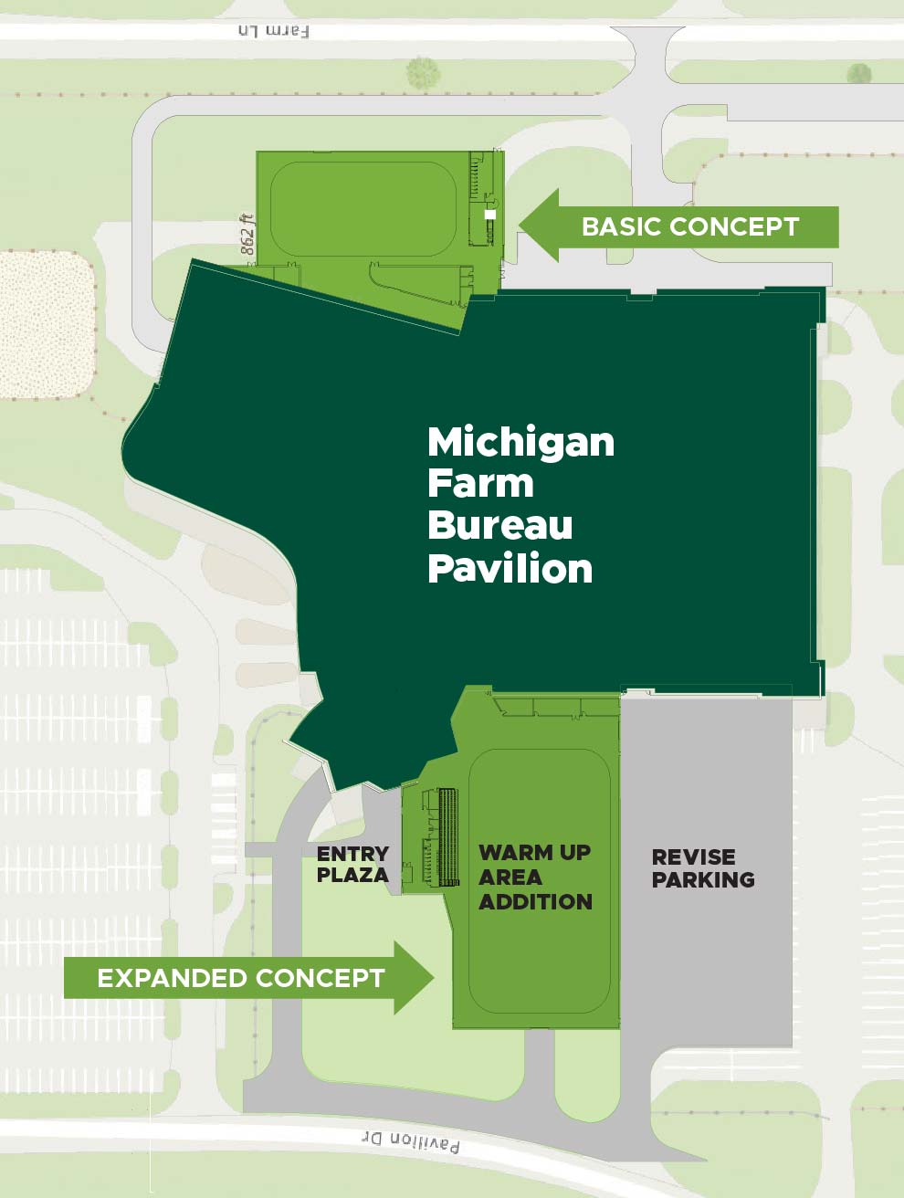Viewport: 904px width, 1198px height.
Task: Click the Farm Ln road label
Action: point(273,31)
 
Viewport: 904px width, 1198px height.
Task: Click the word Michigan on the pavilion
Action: point(520,442)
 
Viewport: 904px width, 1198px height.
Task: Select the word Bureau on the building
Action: point(499,525)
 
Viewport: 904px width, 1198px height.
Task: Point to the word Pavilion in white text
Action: point(510,568)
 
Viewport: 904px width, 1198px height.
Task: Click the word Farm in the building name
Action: point(480,483)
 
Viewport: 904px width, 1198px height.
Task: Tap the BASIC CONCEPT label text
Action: point(689,226)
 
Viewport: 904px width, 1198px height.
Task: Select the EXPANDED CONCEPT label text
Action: point(240,978)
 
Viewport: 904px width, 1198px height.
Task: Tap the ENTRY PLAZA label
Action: point(352,864)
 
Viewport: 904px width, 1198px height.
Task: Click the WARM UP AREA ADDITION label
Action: point(535,877)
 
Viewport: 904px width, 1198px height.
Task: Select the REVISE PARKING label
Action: point(702,868)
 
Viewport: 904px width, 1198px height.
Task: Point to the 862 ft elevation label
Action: point(247,234)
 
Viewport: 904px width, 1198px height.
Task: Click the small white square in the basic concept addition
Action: point(490,215)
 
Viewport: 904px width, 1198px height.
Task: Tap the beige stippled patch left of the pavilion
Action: point(46,324)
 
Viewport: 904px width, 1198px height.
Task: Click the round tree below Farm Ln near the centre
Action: point(423,72)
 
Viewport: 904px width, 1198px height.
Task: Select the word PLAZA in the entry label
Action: point(352,875)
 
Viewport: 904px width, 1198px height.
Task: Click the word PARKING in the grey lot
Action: point(702,879)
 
